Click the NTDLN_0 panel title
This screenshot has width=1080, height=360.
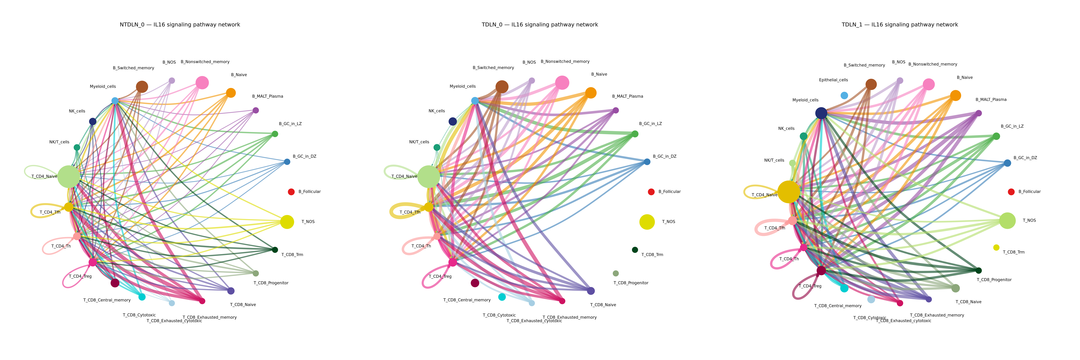tap(180, 25)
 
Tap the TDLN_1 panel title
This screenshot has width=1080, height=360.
tap(900, 25)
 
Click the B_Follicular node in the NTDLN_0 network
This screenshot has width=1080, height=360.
tap(291, 192)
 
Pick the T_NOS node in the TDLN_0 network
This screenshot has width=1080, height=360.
tap(647, 222)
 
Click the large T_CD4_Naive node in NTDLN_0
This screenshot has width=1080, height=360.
tap(69, 176)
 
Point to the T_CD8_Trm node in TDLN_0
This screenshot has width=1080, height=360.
tap(635, 250)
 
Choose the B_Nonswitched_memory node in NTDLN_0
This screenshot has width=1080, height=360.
tap(202, 82)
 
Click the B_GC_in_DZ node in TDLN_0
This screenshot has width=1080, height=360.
tap(647, 162)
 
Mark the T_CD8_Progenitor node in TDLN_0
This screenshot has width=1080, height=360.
tap(615, 273)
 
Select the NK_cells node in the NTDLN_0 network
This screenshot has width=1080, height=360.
tap(93, 121)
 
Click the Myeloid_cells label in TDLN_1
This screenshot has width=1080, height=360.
tap(805, 100)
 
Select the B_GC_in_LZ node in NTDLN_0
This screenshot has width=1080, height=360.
tap(275, 134)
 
